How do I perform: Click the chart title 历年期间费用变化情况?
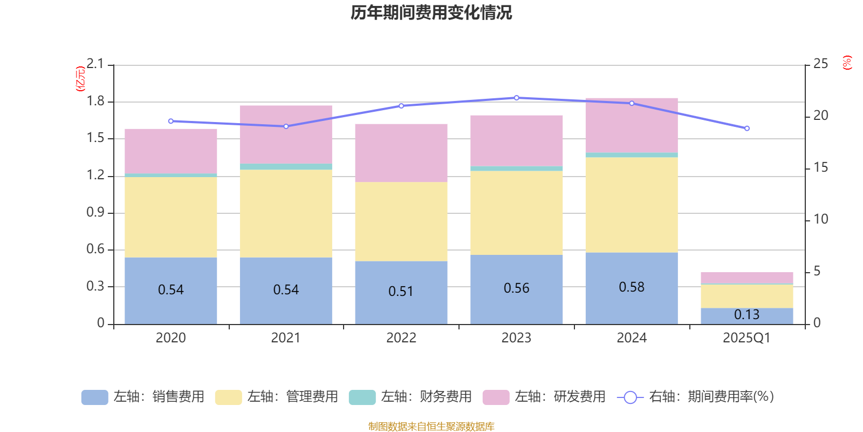(431, 12)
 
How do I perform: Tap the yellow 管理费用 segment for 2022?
(401, 221)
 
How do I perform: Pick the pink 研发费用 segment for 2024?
(631, 125)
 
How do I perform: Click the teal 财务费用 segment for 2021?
(286, 167)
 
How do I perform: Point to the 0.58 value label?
(631, 287)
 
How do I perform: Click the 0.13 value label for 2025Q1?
(746, 315)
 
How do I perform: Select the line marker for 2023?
(516, 98)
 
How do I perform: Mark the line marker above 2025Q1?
(746, 129)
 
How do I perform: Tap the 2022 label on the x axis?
(401, 338)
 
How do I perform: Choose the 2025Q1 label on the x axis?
(746, 338)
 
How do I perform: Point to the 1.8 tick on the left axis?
(95, 102)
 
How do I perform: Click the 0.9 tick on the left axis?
(95, 213)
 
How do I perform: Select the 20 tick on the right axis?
(820, 116)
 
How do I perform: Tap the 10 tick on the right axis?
(820, 219)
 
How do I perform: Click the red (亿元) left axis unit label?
(80, 79)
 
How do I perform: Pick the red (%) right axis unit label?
(847, 63)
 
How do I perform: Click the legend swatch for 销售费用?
(94, 397)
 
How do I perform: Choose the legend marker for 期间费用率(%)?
(630, 397)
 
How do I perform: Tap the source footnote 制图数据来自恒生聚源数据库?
(431, 427)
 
